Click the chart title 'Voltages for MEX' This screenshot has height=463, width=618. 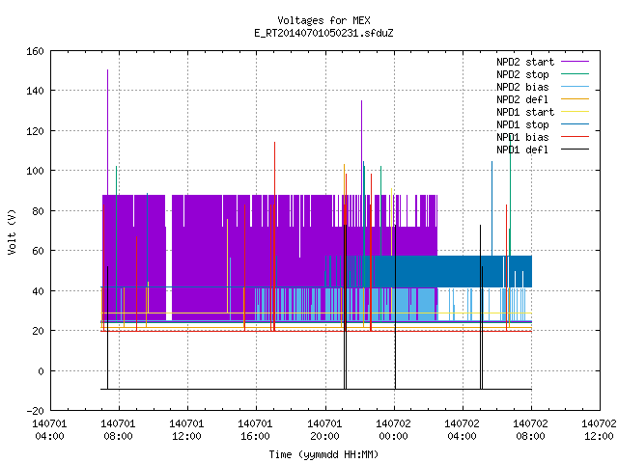click(323, 20)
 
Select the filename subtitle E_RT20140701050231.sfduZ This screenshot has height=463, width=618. click(323, 33)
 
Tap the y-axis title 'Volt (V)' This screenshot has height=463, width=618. click(12, 231)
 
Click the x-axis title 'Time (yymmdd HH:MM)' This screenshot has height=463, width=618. click(323, 454)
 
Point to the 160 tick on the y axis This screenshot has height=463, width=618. click(35, 51)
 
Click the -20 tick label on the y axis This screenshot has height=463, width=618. click(35, 411)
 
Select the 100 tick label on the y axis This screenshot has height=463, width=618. click(35, 171)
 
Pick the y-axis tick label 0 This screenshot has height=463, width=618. click(41, 371)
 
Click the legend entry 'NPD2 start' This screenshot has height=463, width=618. click(543, 62)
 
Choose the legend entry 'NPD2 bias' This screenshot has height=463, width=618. click(543, 87)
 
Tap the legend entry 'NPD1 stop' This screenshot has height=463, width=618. click(543, 124)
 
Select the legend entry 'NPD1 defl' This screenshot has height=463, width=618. click(543, 150)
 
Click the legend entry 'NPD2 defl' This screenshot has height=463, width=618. click(543, 99)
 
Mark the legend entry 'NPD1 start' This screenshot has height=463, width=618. click(543, 112)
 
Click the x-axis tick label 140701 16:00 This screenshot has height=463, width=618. click(255, 429)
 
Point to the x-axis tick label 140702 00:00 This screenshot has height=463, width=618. click(393, 429)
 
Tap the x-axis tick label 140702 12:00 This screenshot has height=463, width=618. click(599, 429)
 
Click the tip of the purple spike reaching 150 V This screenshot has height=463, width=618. click(107, 70)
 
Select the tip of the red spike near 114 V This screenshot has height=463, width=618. click(274, 142)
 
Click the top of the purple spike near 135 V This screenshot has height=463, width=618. click(361, 100)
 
